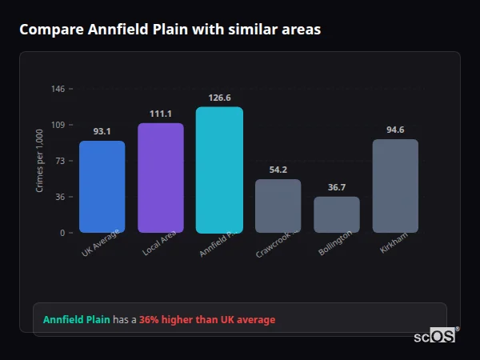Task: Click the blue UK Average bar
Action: (x=102, y=186)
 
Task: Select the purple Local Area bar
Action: (x=160, y=178)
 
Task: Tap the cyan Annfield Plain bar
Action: (x=219, y=170)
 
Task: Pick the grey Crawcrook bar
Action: (x=278, y=206)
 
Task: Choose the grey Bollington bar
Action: (x=337, y=214)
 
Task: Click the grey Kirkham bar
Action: (x=395, y=186)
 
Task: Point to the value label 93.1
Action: (x=102, y=131)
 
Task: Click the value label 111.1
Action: (x=160, y=114)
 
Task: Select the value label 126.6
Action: (x=219, y=98)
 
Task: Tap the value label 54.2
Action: (x=278, y=170)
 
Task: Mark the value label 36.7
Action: (x=337, y=187)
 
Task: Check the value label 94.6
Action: (x=395, y=130)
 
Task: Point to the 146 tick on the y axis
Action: (x=58, y=89)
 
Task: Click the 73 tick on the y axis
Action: (x=60, y=161)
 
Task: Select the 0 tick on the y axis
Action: (x=62, y=233)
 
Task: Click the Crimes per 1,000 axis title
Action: (x=39, y=161)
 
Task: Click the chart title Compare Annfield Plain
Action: (x=170, y=30)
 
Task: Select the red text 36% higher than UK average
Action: (x=207, y=319)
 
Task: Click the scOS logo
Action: (x=435, y=336)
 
